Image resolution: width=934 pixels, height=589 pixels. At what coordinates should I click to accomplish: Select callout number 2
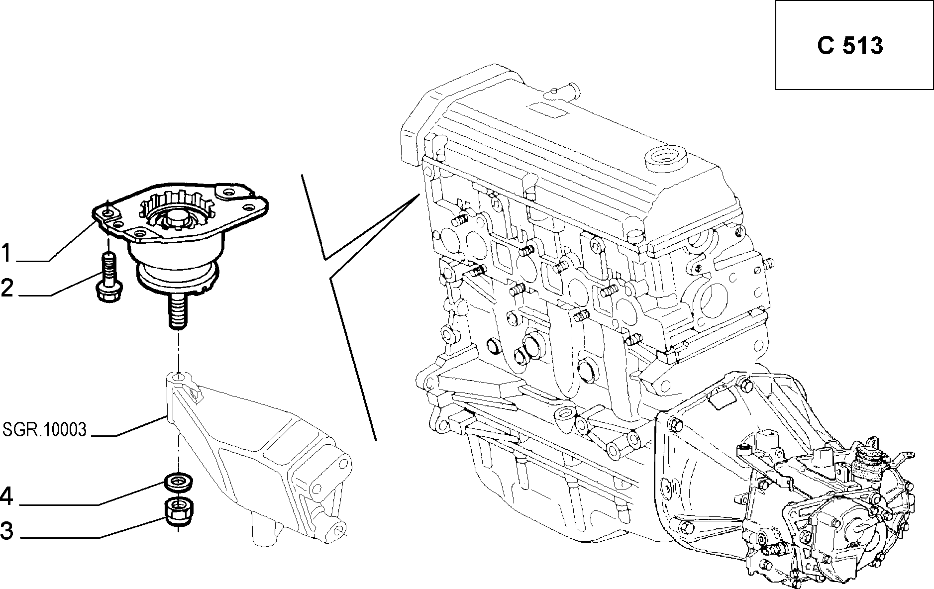coord(7,288)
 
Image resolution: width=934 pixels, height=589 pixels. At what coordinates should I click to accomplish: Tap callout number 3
coord(7,530)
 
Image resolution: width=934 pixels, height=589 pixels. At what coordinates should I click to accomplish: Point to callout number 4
coord(7,496)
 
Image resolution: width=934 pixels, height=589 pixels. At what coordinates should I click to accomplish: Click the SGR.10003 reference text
coord(45,429)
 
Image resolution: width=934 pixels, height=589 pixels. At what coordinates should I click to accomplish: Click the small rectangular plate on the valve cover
coord(548,108)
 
